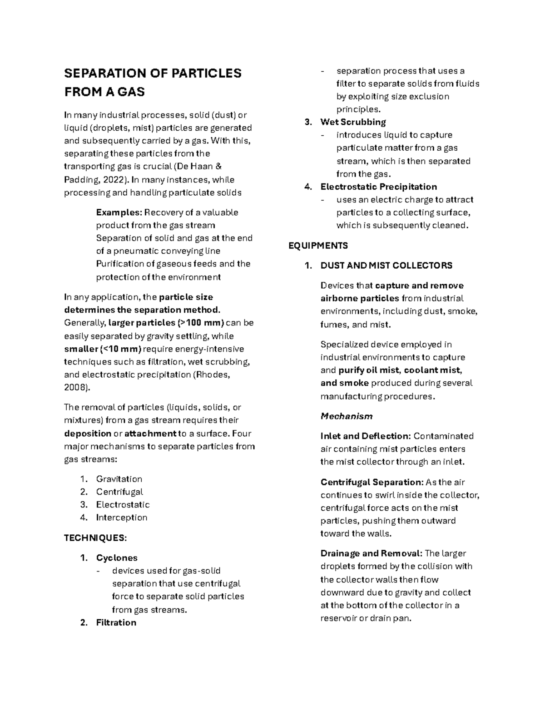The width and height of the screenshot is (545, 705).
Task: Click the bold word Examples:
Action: pos(119,212)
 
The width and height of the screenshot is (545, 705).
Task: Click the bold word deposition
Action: pos(88,434)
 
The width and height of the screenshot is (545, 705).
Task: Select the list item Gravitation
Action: pos(119,479)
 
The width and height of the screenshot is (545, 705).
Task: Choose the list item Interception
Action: pos(121,518)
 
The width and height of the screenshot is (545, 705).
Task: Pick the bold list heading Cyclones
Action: pos(117,558)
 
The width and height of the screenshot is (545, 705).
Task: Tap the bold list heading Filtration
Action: pos(116,623)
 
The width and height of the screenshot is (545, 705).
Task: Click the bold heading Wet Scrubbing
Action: pos(353,122)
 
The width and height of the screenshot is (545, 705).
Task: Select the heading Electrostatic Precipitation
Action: pos(378,187)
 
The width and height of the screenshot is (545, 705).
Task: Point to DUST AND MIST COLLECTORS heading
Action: pos(386,266)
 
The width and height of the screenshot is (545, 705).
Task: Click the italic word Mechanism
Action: pos(346,416)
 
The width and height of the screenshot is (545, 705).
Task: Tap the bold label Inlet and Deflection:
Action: pos(366,436)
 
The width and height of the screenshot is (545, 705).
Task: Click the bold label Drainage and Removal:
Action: pos(371,553)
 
